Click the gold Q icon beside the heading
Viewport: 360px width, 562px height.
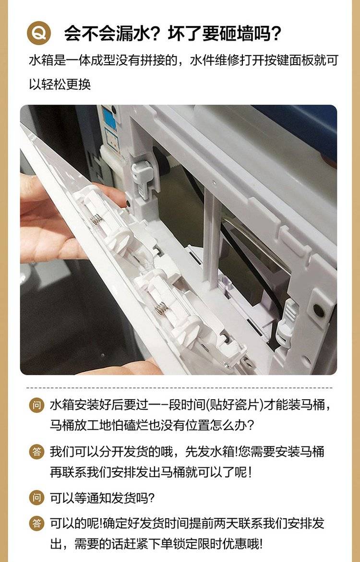pos(39,33)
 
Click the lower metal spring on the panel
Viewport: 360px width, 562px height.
pos(161,307)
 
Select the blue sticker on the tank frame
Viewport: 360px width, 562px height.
pos(109,118)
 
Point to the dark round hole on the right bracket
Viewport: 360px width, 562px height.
pos(319,310)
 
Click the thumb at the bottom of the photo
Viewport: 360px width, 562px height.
pos(129,367)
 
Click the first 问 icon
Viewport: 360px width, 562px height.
pos(36,406)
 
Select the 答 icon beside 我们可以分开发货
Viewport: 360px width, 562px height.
pos(36,451)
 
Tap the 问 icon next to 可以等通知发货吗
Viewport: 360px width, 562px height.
pos(36,498)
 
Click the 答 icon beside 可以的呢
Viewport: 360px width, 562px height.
pos(36,523)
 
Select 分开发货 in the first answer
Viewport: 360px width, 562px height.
pos(123,451)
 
